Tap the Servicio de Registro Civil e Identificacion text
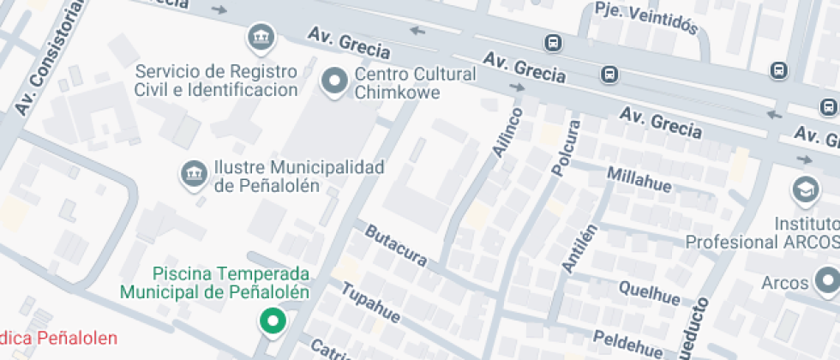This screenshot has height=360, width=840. (216, 80)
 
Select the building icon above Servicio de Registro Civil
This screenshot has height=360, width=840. (258, 37)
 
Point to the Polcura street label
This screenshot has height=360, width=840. (566, 148)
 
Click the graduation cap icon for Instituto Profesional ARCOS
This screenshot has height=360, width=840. (806, 190)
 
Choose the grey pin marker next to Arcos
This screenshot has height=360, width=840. (827, 280)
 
